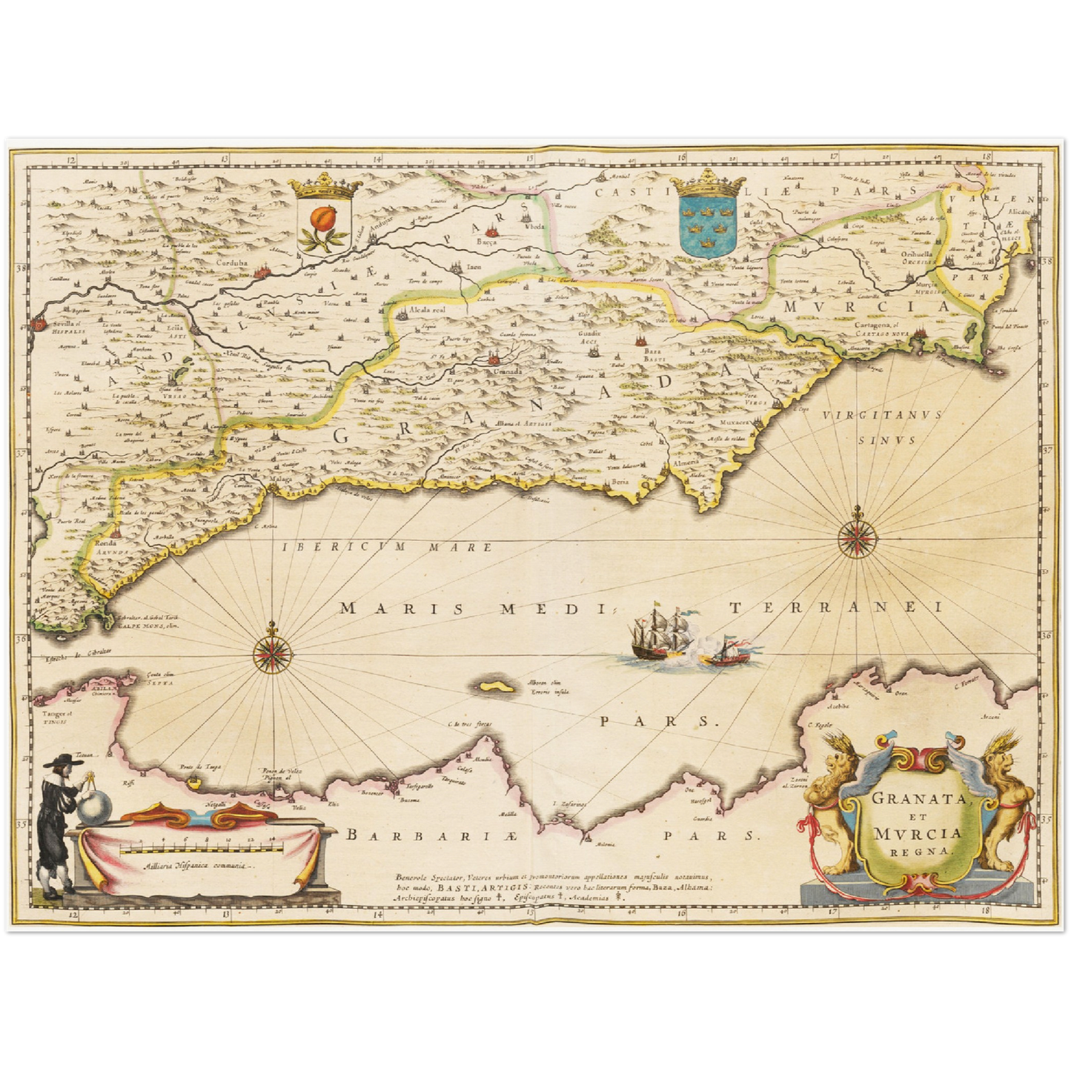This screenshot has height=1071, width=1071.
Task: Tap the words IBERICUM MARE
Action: (387, 547)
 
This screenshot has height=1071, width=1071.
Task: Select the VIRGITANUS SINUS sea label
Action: (881, 426)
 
